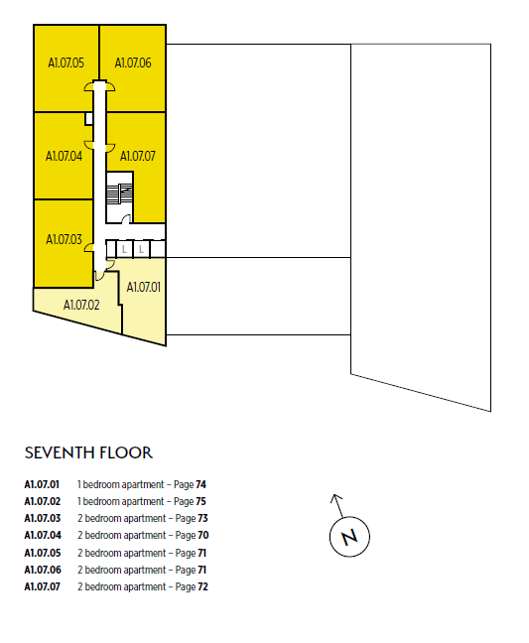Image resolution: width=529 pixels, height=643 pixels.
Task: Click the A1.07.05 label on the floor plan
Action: (66, 63)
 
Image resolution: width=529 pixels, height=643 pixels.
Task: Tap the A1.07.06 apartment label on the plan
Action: (133, 63)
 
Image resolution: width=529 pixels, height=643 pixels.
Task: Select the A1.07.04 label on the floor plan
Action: (64, 156)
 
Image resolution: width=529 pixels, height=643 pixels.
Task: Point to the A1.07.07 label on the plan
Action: (138, 156)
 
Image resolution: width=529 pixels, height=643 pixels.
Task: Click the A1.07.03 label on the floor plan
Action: (64, 239)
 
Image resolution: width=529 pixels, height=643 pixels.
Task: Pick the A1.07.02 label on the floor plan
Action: (81, 305)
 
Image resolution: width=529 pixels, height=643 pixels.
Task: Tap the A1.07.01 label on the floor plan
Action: (144, 287)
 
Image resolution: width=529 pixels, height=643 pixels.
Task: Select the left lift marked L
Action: (124, 249)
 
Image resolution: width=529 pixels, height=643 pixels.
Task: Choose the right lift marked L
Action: (141, 249)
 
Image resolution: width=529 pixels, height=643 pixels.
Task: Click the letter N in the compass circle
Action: (349, 537)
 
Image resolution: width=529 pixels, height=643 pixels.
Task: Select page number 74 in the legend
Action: (200, 484)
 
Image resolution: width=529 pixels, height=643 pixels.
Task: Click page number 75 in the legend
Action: (200, 501)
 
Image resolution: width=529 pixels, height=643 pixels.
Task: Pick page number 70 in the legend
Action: (203, 535)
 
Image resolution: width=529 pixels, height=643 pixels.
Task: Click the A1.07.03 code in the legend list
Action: (43, 518)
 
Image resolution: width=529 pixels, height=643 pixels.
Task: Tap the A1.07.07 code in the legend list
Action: (43, 586)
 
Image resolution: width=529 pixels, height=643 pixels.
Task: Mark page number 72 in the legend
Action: (203, 586)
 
